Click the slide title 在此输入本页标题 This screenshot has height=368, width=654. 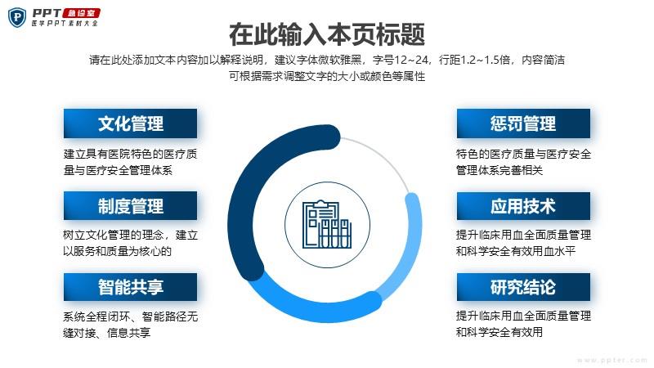click(x=327, y=34)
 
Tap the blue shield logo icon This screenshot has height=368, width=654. click(x=17, y=17)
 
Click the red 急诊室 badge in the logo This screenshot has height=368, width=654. click(x=81, y=13)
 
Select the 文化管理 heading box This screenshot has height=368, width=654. click(x=130, y=123)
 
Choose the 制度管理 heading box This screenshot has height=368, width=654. click(x=130, y=206)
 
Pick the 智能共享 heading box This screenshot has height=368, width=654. click(x=130, y=287)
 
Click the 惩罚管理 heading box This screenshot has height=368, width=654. click(x=523, y=123)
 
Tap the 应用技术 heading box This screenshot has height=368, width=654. click(x=523, y=206)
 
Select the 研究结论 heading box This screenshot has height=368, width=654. click(x=523, y=287)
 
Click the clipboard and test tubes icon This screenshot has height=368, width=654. click(x=327, y=224)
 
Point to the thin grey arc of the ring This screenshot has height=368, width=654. click(x=383, y=155)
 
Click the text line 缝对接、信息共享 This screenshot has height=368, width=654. click(x=106, y=333)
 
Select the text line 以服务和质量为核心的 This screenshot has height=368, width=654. click(x=117, y=251)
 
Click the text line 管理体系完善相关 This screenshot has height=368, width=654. click(x=499, y=170)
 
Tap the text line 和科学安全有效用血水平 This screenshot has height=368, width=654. click(x=516, y=251)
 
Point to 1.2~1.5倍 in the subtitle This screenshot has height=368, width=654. click(x=486, y=60)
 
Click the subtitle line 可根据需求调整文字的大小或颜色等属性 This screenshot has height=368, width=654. click(x=327, y=76)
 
